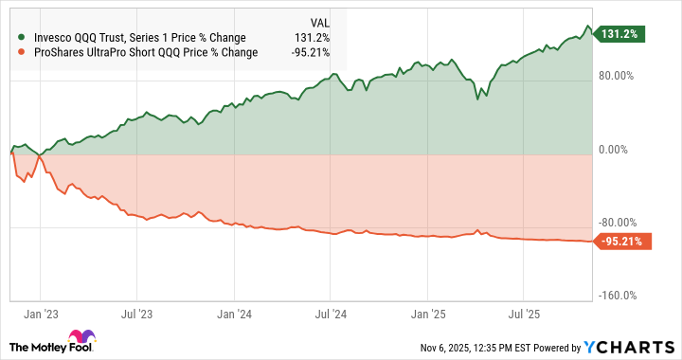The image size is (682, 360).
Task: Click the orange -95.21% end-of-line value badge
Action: coord(622,242)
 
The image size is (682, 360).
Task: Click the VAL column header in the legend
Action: coord(319,22)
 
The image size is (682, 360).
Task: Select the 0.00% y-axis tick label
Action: coord(616,150)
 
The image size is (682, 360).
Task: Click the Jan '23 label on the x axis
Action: coord(40,312)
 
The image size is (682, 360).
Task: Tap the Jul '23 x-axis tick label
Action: coord(138,312)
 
